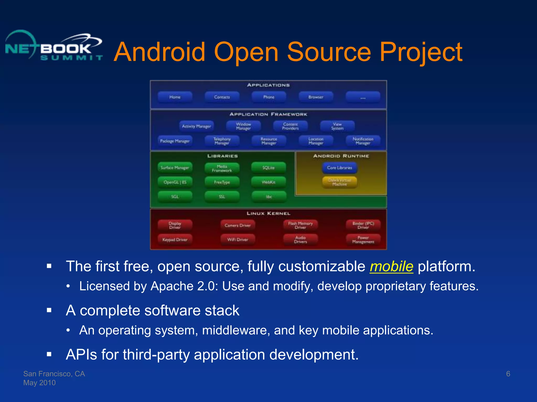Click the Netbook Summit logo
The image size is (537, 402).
tap(54, 46)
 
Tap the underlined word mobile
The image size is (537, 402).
tap(391, 266)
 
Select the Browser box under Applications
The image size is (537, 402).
tap(316, 97)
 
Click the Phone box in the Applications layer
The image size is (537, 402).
tap(269, 97)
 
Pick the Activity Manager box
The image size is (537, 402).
tap(196, 126)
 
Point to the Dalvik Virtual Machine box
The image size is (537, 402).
tap(340, 182)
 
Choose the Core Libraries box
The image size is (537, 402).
tap(340, 168)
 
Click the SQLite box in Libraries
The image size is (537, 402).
tap(268, 168)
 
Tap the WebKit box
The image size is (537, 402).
tap(268, 182)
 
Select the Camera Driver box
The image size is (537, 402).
tap(238, 225)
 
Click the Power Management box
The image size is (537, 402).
tap(363, 240)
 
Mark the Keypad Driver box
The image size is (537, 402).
tap(175, 240)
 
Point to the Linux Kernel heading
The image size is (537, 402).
tap(268, 214)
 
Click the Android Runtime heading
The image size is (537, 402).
tap(341, 156)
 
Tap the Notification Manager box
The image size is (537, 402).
tap(363, 141)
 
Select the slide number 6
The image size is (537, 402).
tap(508, 374)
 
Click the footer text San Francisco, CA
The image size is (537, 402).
tap(54, 374)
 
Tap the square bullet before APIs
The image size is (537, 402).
tap(49, 354)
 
